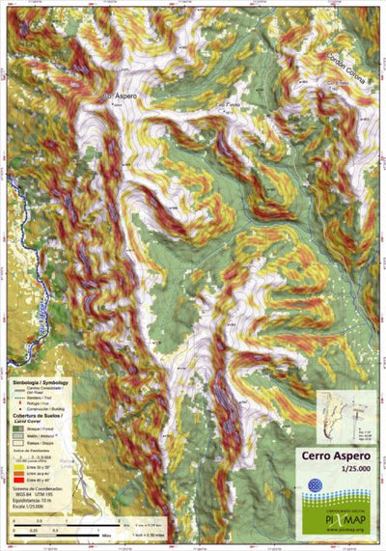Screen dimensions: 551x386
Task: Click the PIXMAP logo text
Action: (x=345, y=515)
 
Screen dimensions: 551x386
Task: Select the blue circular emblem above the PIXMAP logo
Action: (x=314, y=482)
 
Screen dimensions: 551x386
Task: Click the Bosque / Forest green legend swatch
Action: (x=18, y=428)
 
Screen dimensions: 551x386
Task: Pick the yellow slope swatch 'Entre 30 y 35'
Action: (x=18, y=468)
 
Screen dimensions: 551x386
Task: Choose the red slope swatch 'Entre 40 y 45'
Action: (x=18, y=482)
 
